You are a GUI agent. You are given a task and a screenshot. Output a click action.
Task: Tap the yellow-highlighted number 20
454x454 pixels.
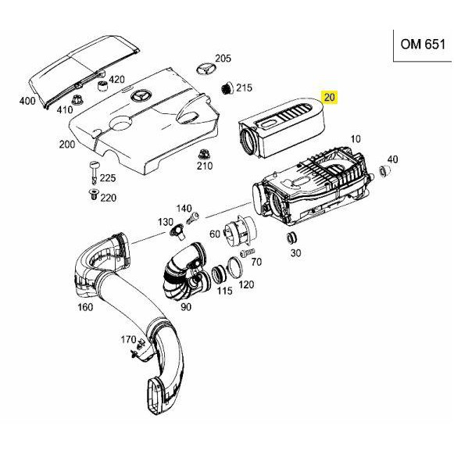[x=330, y=98]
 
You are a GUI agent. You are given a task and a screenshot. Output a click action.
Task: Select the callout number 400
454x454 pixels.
[x=27, y=102]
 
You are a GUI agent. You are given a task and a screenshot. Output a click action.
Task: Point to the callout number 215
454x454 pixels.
[x=244, y=88]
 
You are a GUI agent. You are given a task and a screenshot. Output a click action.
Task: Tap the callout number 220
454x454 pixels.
[x=108, y=198]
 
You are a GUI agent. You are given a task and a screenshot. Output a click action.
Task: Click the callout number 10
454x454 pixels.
[x=356, y=139]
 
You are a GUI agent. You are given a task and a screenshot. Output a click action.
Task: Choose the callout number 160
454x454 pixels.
[x=84, y=306]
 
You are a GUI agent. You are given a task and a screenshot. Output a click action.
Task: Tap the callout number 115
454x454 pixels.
[x=224, y=291]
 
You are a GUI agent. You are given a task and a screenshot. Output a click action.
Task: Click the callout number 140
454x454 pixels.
[x=184, y=208]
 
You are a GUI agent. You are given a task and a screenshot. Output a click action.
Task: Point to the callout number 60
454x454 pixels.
[x=214, y=234]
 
